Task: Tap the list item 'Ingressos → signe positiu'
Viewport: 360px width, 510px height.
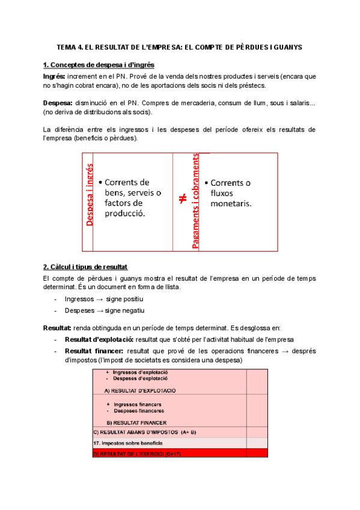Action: (x=103, y=299)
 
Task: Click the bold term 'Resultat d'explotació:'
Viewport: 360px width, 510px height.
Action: (x=99, y=340)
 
